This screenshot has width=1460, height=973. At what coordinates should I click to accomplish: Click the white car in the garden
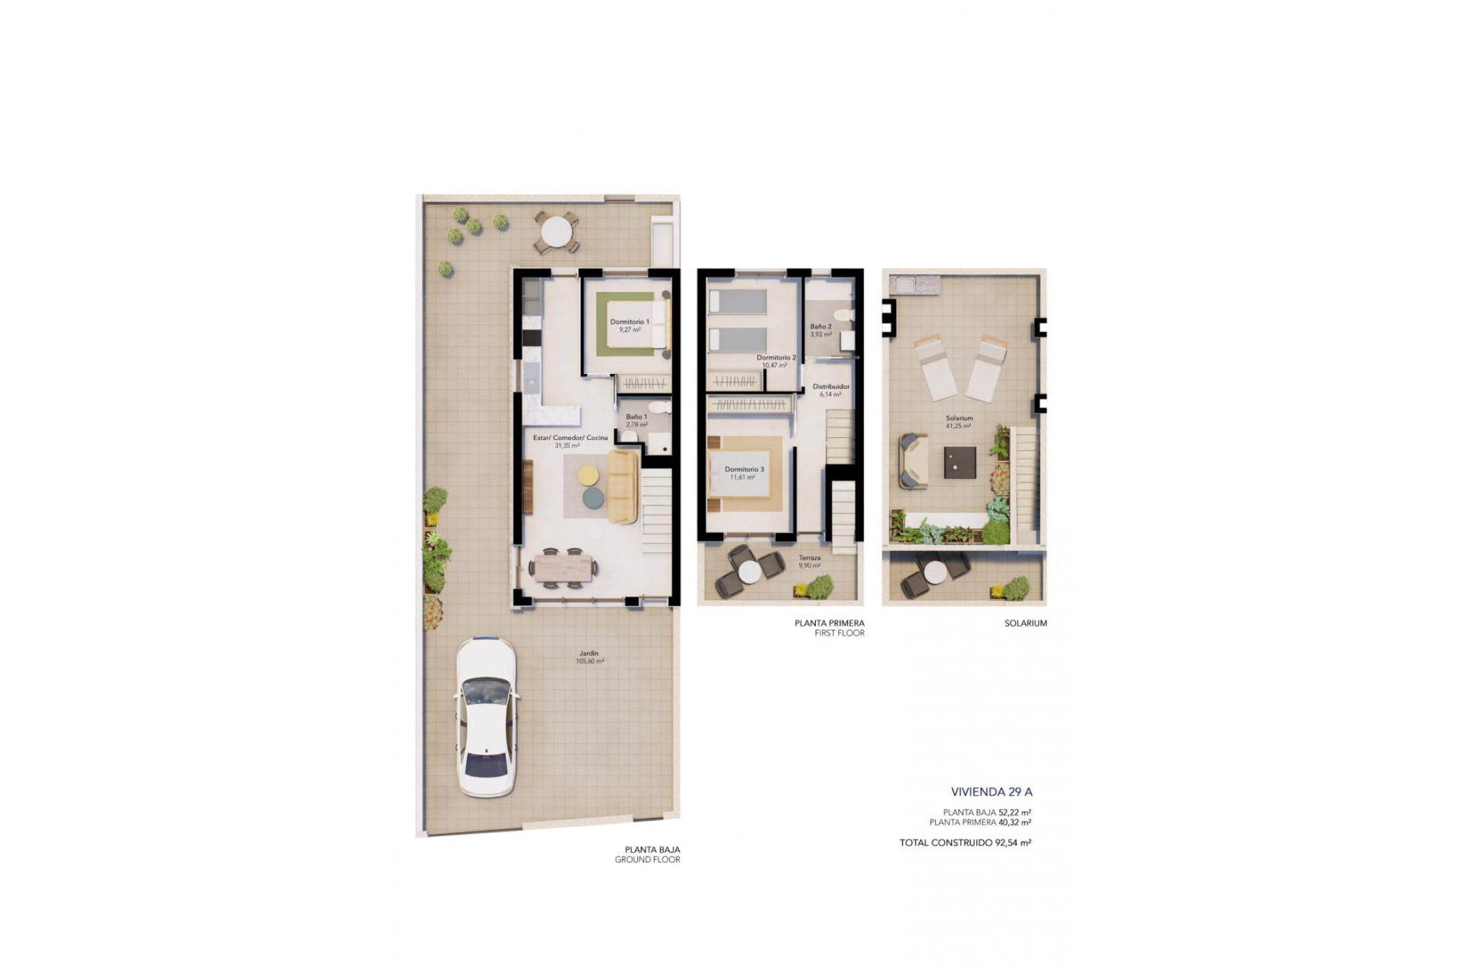[x=484, y=717]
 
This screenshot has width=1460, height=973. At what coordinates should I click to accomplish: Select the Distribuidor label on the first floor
[x=830, y=387]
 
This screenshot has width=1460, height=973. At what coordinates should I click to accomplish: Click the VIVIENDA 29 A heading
[x=991, y=792]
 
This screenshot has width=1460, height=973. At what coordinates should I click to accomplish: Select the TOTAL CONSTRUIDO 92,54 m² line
[x=965, y=842]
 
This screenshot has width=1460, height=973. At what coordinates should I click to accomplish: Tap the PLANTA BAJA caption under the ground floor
[x=652, y=850]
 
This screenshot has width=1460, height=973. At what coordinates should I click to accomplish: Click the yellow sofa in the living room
[x=622, y=486]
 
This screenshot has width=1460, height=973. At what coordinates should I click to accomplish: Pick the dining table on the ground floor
[x=563, y=567]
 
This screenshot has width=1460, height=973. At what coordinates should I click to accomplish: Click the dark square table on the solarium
[x=960, y=462]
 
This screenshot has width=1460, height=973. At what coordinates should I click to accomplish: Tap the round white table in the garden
[x=556, y=231]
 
